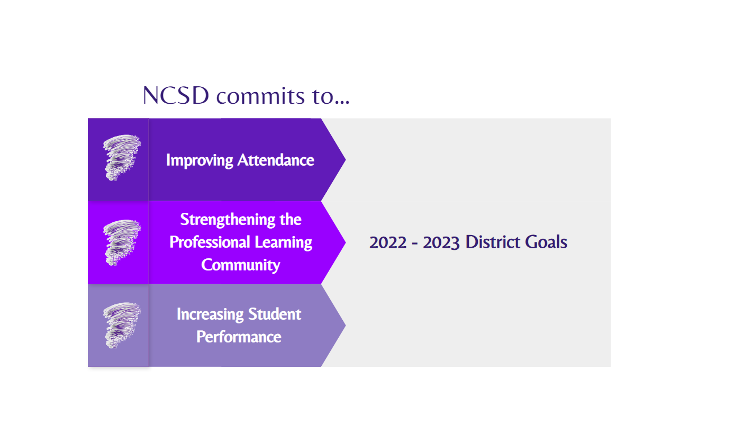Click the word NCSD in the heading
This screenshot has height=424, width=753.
point(176,95)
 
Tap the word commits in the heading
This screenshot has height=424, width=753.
point(260,96)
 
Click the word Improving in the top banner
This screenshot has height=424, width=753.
point(199,160)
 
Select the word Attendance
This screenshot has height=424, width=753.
point(276,160)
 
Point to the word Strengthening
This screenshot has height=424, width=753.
point(228,220)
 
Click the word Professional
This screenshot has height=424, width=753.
point(210,242)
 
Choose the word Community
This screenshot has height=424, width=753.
point(241,266)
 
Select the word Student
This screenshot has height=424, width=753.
point(275,314)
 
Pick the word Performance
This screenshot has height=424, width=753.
point(239,337)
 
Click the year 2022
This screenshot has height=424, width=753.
point(388,243)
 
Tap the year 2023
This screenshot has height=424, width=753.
point(441,243)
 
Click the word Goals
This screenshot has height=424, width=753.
point(546,242)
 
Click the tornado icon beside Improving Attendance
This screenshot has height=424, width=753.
point(121,158)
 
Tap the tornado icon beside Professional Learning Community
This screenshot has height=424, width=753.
point(121,242)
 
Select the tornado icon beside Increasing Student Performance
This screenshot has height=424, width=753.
point(121,325)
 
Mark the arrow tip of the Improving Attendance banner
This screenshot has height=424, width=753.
point(346,160)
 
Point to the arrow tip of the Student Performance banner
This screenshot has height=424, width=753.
point(346,325)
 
